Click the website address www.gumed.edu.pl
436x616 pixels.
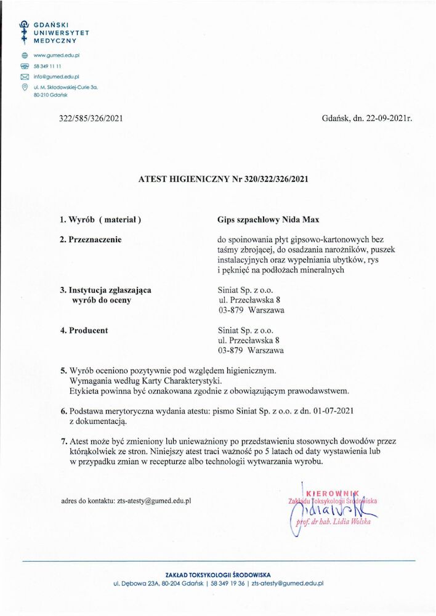click(x=57, y=55)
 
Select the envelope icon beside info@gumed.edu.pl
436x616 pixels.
click(x=25, y=77)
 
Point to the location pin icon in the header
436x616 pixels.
click(x=25, y=88)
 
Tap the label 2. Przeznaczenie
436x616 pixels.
click(x=91, y=238)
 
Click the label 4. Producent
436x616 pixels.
click(x=84, y=330)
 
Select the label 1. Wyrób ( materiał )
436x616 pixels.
click(x=100, y=219)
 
